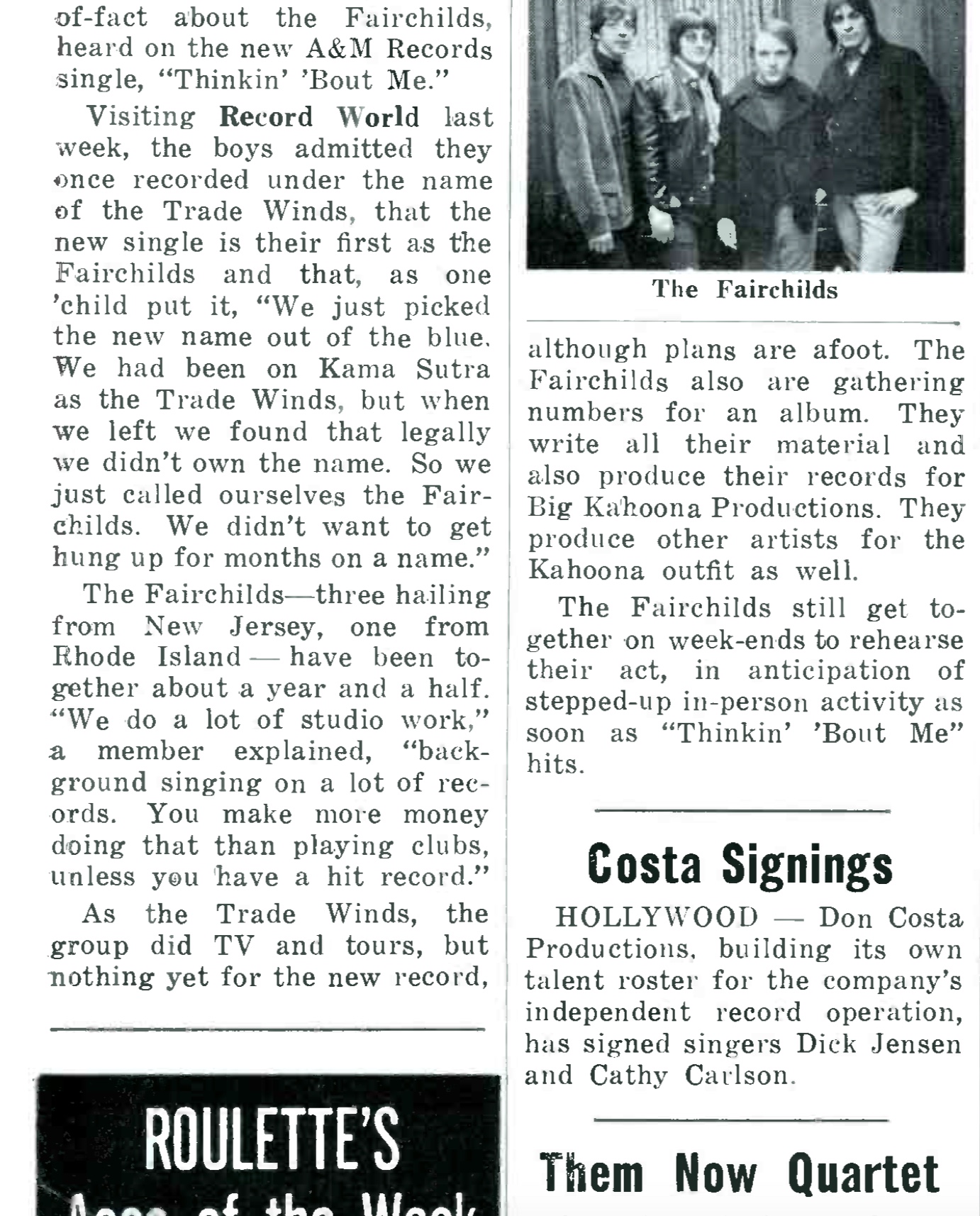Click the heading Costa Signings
(740, 864)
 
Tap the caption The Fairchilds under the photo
(745, 289)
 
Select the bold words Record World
(318, 117)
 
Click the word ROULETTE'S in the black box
(272, 1140)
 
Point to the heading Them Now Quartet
(740, 1173)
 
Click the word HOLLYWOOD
(657, 918)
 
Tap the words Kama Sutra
(404, 369)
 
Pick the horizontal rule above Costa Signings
(742, 810)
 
